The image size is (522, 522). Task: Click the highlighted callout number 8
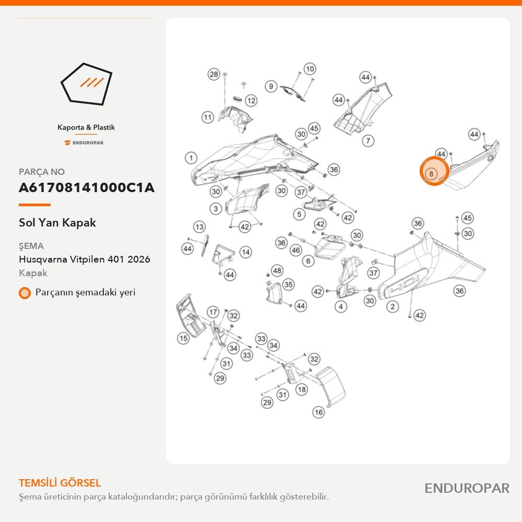431,173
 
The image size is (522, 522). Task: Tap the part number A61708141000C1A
87,187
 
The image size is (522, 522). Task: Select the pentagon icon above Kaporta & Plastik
86,84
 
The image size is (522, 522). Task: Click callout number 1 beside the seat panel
191,158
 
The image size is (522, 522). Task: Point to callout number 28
214,74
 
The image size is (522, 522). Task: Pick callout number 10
310,69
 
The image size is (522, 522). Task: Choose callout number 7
368,140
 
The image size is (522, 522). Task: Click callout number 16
318,412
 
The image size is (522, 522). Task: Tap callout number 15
183,338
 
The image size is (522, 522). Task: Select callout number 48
277,270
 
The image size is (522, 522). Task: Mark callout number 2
393,306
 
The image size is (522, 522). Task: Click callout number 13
199,227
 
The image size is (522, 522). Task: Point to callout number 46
296,250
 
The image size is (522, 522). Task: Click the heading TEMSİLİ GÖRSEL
60,483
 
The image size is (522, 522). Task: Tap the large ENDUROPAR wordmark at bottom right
467,489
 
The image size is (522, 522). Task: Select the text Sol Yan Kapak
57,222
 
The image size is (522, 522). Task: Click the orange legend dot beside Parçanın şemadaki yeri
25,293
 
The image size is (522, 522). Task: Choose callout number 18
302,389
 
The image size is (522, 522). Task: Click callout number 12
252,100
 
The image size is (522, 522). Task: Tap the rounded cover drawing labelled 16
330,387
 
